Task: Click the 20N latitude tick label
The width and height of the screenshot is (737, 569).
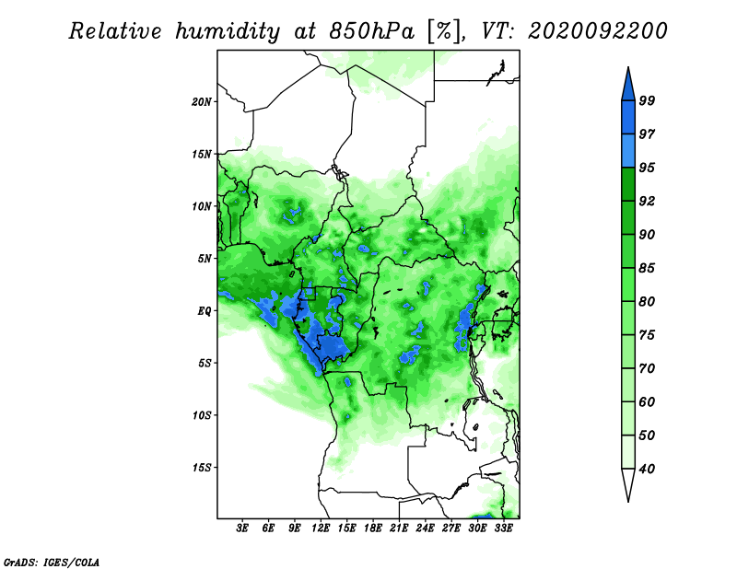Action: click(x=202, y=102)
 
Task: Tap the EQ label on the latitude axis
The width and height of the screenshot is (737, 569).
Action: click(x=204, y=311)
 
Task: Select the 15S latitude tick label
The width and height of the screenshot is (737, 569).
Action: click(x=202, y=468)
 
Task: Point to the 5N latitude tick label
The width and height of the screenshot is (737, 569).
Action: click(x=205, y=259)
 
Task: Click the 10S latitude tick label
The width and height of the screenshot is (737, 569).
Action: click(x=202, y=415)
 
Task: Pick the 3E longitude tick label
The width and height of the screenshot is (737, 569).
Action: click(x=242, y=528)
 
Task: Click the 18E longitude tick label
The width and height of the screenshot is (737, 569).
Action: click(x=373, y=528)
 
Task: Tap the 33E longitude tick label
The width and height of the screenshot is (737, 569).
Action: click(x=503, y=528)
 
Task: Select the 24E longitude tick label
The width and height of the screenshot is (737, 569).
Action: click(x=425, y=528)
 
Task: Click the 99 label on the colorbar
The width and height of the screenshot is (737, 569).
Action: click(x=647, y=100)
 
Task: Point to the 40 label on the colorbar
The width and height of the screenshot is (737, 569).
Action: click(x=647, y=469)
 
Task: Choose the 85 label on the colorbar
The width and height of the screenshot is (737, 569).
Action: click(x=647, y=268)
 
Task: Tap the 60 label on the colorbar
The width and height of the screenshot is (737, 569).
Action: click(x=647, y=401)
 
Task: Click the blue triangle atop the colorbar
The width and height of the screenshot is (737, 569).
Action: click(x=628, y=87)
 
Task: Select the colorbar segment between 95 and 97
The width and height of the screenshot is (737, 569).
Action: click(x=628, y=151)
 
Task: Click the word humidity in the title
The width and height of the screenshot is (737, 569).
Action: click(x=228, y=32)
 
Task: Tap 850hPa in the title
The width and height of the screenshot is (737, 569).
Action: click(x=372, y=31)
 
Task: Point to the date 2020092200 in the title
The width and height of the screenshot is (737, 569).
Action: click(x=597, y=31)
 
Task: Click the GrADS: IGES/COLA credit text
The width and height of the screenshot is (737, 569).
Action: click(x=52, y=563)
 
